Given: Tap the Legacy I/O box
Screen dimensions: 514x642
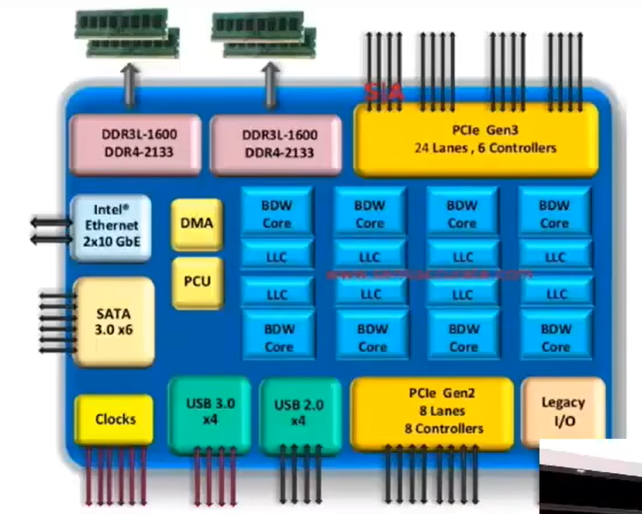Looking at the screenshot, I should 563,411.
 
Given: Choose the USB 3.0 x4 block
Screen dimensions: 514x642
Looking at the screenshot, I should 209,412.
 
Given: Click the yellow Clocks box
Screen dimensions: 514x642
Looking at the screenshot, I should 115,419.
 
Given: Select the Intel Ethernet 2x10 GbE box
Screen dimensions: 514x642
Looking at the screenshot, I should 109,227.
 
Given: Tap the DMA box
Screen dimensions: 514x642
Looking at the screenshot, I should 196,224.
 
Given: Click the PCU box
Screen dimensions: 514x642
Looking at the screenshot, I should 196,281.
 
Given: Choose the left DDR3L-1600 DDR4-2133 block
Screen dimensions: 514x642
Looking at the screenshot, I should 135,142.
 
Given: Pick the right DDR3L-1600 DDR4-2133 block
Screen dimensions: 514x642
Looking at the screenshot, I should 276,142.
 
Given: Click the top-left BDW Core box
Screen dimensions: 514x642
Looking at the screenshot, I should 277,214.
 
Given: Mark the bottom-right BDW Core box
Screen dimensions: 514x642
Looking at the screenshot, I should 556,338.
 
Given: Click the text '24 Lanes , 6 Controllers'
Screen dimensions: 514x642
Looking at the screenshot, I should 485,148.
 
